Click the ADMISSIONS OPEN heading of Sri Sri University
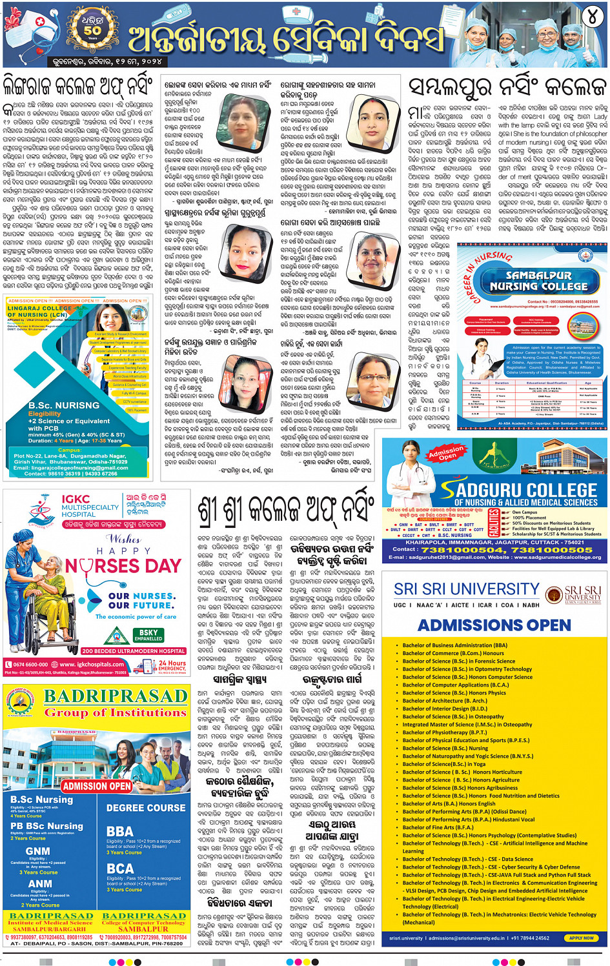[x=494, y=625]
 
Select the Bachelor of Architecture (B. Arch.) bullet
[x=445, y=701]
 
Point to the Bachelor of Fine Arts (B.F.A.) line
[x=438, y=827]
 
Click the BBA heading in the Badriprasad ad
[x=120, y=832]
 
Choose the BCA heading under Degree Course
[x=120, y=869]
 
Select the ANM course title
[x=40, y=883]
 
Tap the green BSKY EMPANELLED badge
[x=148, y=635]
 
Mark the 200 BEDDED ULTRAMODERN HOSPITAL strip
[x=133, y=651]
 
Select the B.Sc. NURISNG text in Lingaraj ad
[x=64, y=405]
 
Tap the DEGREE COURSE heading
[x=146, y=808]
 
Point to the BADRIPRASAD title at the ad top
[x=116, y=696]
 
